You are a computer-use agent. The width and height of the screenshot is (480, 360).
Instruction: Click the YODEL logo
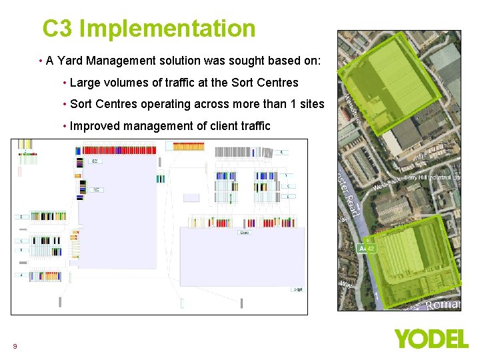tap(431, 339)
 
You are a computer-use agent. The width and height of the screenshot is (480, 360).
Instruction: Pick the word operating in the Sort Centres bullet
tap(167, 104)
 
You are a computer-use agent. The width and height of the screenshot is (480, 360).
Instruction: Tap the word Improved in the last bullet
tap(94, 125)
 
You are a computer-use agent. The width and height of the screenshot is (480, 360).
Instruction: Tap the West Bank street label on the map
tap(386, 183)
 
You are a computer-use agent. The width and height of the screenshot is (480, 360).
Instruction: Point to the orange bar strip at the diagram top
tap(189, 146)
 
